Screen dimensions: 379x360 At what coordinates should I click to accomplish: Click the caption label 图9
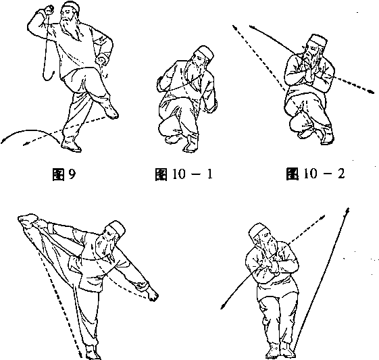[x=64, y=174]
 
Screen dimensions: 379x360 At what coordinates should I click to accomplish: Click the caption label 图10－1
[x=184, y=174]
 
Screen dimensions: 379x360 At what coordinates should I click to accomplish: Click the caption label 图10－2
[x=315, y=174]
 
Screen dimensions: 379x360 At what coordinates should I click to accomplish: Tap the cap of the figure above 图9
[x=72, y=7]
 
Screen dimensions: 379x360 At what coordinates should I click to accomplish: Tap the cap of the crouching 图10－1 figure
[x=205, y=52]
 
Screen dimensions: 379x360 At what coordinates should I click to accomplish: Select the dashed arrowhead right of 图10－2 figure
[x=370, y=91]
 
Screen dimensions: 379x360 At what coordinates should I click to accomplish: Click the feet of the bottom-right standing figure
[x=280, y=350]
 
